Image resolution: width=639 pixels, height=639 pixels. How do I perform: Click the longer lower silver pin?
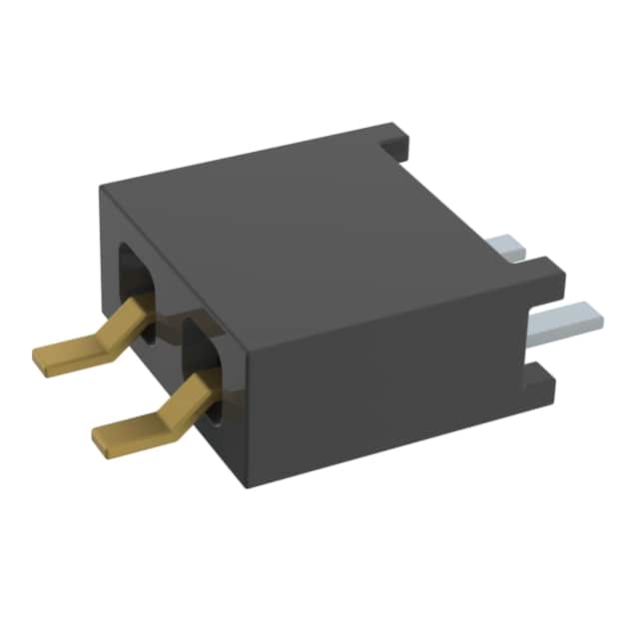(564, 319)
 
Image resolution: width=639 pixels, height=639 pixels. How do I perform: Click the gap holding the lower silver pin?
(534, 334)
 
